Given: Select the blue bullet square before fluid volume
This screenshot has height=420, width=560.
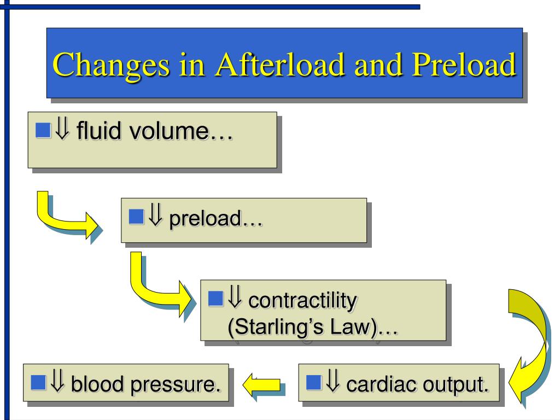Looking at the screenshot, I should pos(43,130).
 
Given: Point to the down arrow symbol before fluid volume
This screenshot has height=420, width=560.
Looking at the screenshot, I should pos(62,131).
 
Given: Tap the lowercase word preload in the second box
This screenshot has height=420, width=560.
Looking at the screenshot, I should pos(205,220).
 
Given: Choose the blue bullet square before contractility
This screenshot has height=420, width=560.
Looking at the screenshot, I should pos(216,298).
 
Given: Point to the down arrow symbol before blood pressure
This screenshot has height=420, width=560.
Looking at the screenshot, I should pos(57,382).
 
